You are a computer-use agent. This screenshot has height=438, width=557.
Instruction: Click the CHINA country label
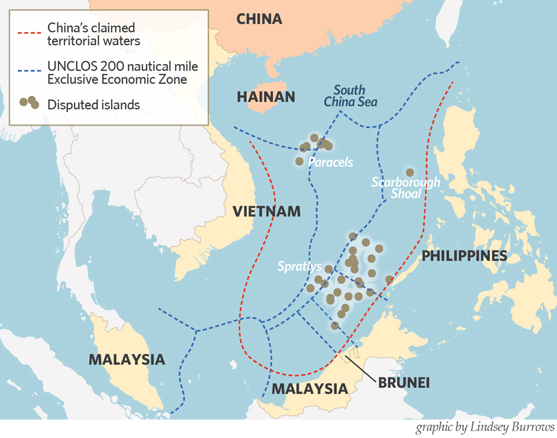(259, 19)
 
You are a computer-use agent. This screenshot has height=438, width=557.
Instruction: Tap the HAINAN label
(266, 97)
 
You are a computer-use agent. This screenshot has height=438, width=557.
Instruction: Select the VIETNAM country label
(266, 211)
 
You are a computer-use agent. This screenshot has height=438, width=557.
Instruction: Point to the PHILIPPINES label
(464, 255)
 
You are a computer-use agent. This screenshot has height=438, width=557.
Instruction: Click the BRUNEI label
(403, 383)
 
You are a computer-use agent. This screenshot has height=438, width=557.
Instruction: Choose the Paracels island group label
(331, 163)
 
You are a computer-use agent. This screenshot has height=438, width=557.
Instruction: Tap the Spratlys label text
(300, 266)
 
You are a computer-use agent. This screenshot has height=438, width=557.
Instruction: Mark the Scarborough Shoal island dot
(410, 173)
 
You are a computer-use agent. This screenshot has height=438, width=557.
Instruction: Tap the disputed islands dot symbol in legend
(30, 103)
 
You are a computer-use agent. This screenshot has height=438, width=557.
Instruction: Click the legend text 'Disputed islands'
(94, 105)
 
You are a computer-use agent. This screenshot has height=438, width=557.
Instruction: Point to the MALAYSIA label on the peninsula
(127, 359)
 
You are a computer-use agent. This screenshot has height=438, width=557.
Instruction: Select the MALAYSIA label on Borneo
(309, 388)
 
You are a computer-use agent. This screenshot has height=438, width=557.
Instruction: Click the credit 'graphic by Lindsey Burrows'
(485, 427)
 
